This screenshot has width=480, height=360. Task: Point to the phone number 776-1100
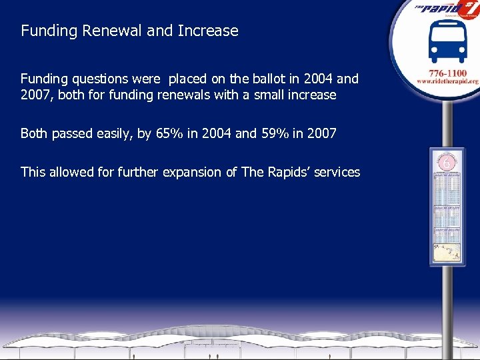[447, 71]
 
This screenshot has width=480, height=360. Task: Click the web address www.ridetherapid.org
[447, 81]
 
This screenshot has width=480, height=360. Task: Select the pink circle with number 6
[447, 162]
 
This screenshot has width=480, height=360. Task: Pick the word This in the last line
[33, 172]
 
